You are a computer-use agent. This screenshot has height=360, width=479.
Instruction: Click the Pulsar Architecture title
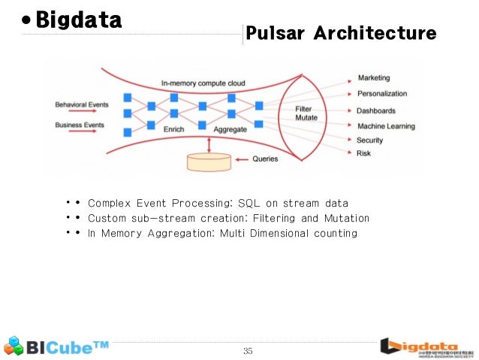(x=341, y=34)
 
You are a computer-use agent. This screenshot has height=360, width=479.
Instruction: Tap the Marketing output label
(x=373, y=78)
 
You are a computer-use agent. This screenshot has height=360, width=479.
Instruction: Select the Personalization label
(x=382, y=94)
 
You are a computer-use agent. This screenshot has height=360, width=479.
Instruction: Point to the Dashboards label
(x=376, y=110)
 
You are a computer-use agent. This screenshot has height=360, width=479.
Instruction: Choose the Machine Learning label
(x=386, y=126)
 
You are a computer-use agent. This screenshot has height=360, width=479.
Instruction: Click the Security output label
(x=370, y=141)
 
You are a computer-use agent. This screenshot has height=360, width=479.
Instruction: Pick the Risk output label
(x=364, y=153)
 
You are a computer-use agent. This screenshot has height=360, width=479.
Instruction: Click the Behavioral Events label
(x=81, y=104)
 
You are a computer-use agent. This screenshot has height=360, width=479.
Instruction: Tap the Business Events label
(x=80, y=125)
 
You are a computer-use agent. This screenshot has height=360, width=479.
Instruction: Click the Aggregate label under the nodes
(x=230, y=130)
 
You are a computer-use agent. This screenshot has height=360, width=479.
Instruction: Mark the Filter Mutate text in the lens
(x=303, y=113)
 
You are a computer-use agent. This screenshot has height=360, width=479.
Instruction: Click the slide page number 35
(x=248, y=350)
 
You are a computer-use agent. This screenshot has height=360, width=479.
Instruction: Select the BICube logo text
(x=68, y=346)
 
